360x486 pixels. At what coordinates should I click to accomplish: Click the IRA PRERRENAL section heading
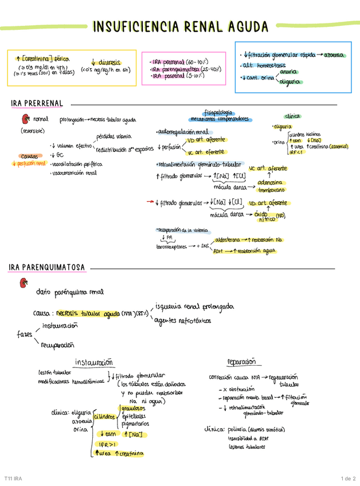(x=36, y=103)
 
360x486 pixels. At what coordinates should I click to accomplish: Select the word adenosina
(x=272, y=179)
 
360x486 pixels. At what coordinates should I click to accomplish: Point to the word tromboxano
(x=273, y=189)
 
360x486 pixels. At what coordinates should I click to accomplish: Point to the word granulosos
(x=134, y=408)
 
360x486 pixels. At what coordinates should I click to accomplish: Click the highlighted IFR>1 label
(x=107, y=444)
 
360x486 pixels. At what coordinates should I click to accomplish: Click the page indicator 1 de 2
(x=348, y=478)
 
